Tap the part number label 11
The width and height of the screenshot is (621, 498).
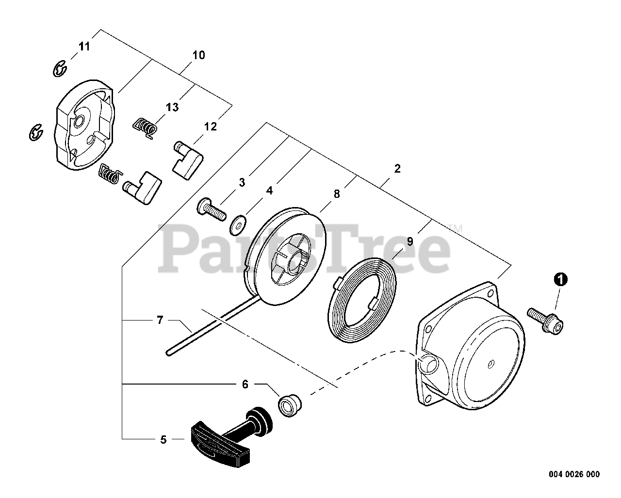click(84, 47)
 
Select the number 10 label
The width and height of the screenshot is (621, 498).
click(198, 55)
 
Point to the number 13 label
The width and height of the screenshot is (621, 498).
click(172, 107)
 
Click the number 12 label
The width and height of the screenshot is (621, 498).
click(211, 127)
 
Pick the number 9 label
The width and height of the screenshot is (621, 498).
click(410, 241)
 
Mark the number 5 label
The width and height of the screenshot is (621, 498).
click(163, 440)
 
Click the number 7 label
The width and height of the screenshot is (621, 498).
click(160, 320)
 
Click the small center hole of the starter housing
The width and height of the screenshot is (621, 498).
click(490, 362)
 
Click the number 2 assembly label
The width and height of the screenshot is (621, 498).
click(397, 169)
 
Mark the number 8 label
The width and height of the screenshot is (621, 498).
click(337, 194)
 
